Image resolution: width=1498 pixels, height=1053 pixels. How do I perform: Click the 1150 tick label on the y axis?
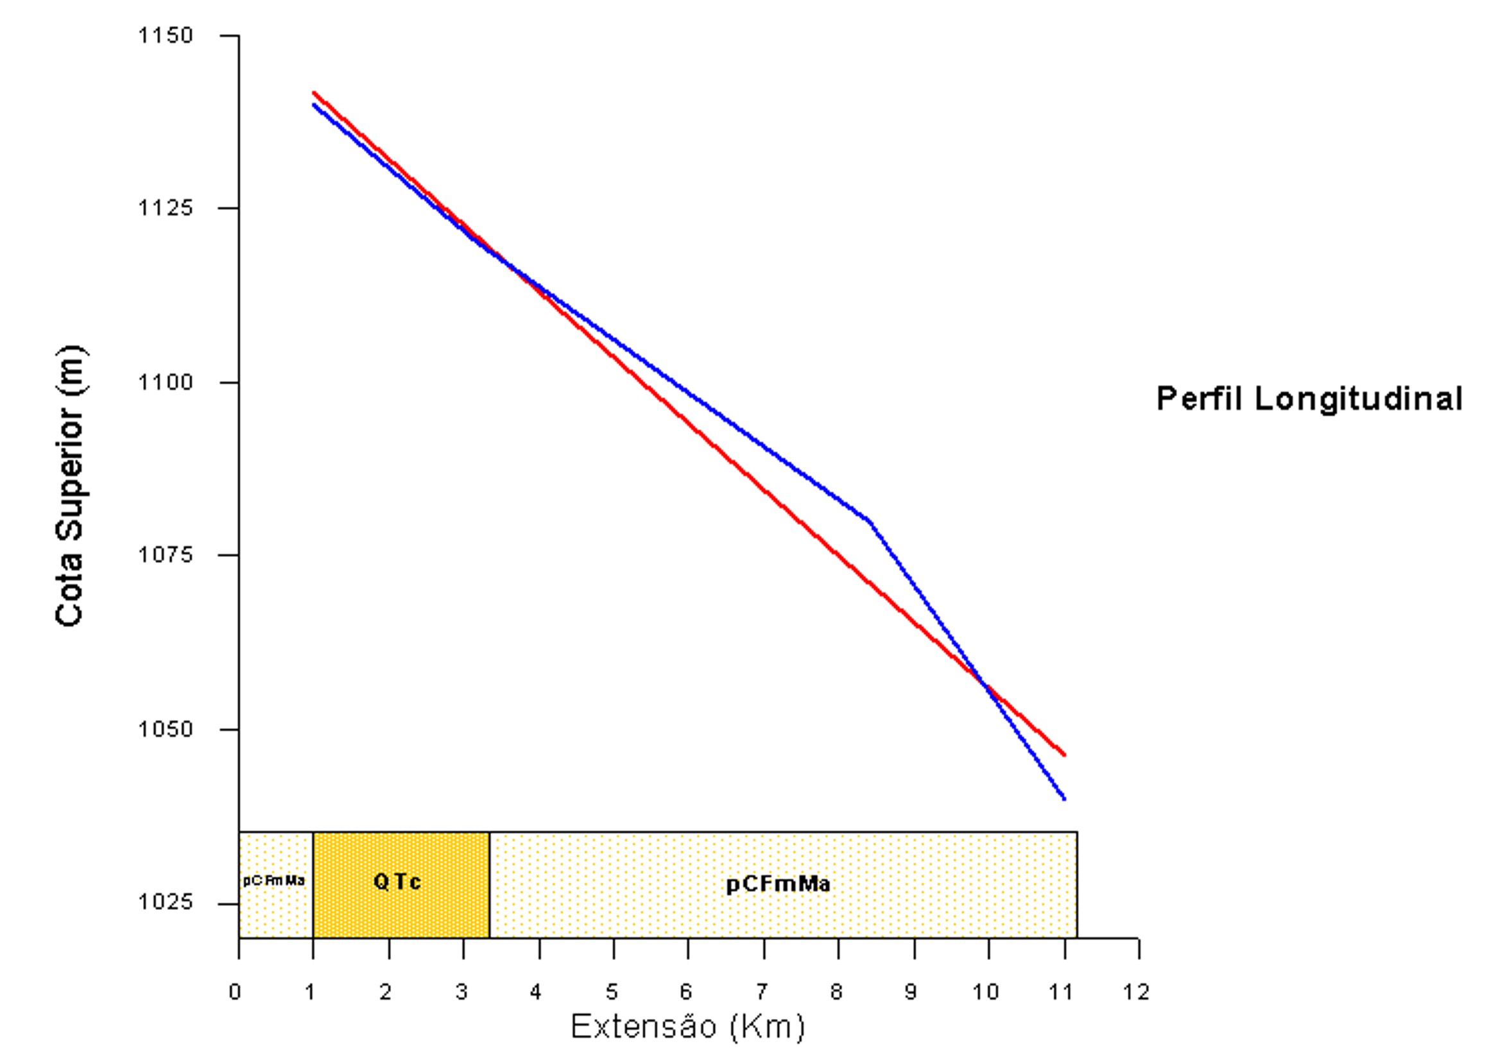[166, 35]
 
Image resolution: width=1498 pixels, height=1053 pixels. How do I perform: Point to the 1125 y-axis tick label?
[166, 208]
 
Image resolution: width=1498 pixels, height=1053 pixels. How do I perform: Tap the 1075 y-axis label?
[166, 554]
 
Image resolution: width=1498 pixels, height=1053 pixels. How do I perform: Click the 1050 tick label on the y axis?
[166, 729]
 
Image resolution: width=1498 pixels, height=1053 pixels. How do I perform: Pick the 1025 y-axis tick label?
[166, 902]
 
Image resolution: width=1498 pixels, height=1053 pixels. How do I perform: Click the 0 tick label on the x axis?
[235, 991]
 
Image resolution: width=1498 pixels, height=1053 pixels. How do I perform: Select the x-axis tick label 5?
[612, 991]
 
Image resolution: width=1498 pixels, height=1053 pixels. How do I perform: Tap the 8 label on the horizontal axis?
[836, 991]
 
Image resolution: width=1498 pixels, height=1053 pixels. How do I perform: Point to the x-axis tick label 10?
[985, 991]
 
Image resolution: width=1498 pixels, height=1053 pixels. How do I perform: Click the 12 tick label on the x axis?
[1136, 991]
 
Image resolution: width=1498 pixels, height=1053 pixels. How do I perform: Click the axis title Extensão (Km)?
[687, 1027]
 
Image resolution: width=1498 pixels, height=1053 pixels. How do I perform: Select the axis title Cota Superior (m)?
[71, 485]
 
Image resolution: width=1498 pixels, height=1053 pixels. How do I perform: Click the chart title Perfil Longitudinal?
[1309, 398]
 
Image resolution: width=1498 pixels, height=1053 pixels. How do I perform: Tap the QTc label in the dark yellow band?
[397, 882]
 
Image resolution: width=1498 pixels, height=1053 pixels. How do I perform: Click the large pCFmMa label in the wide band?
[779, 884]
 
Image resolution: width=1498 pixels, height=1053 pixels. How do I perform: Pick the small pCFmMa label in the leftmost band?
[274, 881]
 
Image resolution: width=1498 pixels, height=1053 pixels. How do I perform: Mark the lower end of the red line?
[1065, 755]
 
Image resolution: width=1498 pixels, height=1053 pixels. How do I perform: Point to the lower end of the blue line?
[1065, 799]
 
